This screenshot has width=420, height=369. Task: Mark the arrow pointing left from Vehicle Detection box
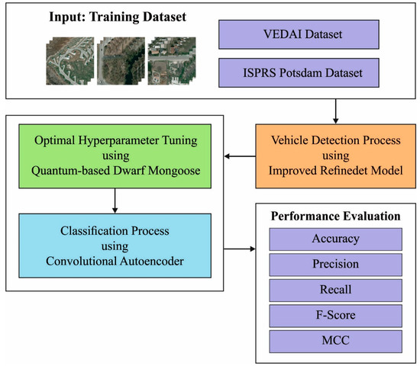click(x=237, y=157)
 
